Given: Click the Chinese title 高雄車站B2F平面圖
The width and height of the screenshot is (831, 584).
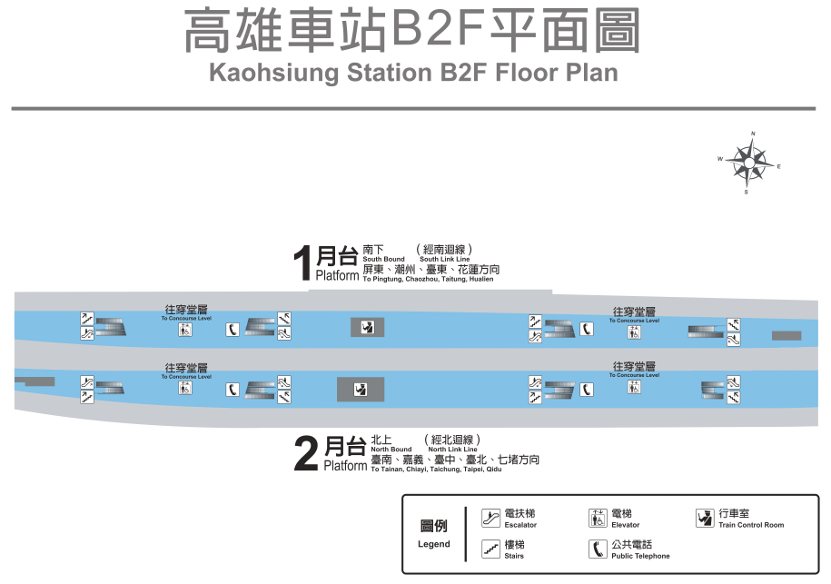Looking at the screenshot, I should coord(412,32).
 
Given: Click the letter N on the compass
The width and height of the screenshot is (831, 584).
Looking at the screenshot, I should coord(753,134).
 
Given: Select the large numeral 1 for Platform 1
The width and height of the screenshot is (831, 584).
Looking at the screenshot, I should coord(302,264).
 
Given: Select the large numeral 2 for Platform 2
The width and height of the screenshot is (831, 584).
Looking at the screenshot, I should coord(306,455).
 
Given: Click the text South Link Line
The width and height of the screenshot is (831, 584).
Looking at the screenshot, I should coord(444,260).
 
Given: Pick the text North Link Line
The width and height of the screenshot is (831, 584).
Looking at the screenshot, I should coord(452,450).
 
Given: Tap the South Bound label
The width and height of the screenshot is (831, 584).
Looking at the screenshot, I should coord(383,260).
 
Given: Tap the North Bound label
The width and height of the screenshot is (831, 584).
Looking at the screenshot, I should coord(391,450).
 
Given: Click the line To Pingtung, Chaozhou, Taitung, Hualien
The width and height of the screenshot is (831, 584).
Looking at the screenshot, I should coord(428,280).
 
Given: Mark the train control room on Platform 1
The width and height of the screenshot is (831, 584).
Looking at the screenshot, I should coord(367,328).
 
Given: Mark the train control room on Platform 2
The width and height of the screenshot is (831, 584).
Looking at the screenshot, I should coord(361,390).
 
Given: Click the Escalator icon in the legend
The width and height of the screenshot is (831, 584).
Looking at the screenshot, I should coord(490,519).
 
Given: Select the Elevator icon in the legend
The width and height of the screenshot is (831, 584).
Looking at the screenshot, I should coord(598,519).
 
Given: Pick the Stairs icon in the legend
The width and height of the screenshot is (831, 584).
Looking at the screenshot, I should coord(490,549).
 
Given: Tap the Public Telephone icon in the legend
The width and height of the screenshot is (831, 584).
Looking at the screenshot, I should coord(598,549).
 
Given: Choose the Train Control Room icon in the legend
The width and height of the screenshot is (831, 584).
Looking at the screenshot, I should coord(705,519).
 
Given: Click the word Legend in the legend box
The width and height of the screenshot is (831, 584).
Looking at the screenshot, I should coord(433,544).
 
